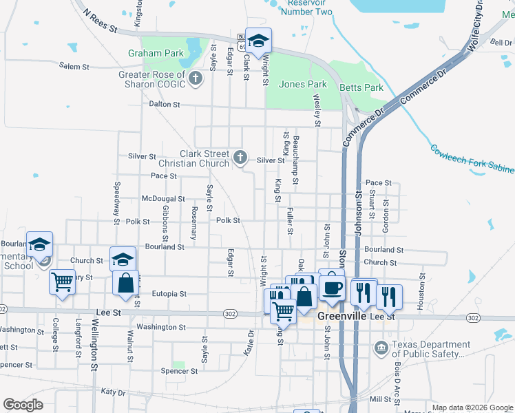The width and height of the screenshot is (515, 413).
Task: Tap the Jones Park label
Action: click(303, 85)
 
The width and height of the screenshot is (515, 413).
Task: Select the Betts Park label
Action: click(361, 87)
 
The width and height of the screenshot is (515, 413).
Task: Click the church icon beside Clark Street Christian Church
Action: click(240, 158)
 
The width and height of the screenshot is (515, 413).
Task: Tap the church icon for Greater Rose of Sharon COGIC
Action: click(196, 78)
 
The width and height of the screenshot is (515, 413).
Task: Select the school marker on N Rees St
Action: click(259, 41)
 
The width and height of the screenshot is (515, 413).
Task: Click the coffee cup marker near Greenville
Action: click(332, 287)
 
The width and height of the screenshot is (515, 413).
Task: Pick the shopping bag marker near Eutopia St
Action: click(126, 283)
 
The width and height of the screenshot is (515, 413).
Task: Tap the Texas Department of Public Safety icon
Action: click(380, 348)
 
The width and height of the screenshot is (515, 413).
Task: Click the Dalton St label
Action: click(165, 105)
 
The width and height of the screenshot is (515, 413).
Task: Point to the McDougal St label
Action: click(163, 198)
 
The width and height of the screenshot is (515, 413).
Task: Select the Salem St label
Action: click(74, 67)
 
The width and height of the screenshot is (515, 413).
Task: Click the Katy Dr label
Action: click(113, 392)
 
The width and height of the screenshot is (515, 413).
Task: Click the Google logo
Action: click(23, 405)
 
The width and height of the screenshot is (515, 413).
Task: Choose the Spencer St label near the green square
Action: click(179, 371)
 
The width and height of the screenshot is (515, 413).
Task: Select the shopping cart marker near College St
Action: click(63, 282)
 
